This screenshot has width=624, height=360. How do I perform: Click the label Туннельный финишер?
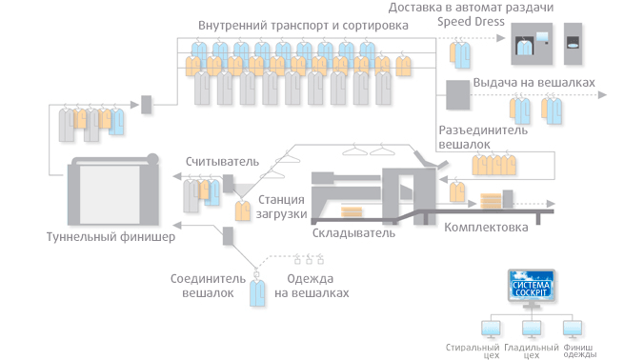[x=111, y=237]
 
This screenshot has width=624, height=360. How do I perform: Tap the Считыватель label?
[x=222, y=162]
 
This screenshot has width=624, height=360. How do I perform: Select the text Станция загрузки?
[x=281, y=207]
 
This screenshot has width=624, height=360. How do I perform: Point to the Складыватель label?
[x=353, y=232]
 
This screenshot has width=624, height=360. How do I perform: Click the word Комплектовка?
[x=486, y=227]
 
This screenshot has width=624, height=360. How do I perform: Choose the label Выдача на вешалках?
[x=533, y=82]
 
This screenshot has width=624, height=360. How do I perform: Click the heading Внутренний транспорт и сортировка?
[x=303, y=26]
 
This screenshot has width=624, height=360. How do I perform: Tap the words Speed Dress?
[x=471, y=22]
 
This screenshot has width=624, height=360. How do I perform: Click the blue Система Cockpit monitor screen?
[x=532, y=285]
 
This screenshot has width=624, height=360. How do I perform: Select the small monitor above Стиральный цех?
[x=491, y=329]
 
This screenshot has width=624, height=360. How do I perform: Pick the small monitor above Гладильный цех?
[x=532, y=329]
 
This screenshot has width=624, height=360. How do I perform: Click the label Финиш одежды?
[x=579, y=350]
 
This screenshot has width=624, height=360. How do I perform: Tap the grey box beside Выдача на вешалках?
[x=457, y=95]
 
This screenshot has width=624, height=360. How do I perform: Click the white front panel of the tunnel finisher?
[x=110, y=194]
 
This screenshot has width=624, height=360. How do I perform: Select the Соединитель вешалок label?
[x=208, y=286]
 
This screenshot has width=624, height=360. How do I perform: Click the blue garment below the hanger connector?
[x=257, y=293]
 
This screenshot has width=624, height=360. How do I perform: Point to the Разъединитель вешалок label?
[x=483, y=137]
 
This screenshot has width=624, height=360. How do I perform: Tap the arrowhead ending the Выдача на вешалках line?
[x=602, y=95]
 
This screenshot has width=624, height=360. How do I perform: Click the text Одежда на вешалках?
[x=312, y=286]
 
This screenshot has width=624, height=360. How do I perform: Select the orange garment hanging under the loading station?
[x=242, y=210]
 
